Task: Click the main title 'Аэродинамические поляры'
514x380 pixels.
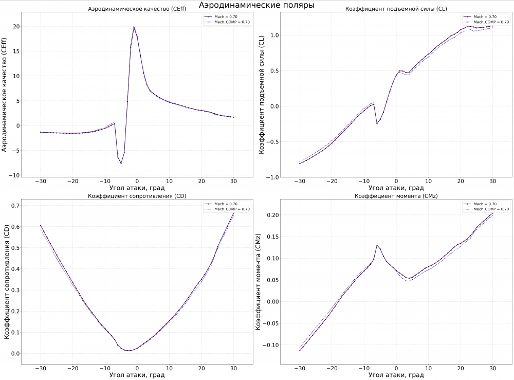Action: (x=256, y=5)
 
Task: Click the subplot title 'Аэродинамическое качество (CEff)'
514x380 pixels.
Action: (x=137, y=9)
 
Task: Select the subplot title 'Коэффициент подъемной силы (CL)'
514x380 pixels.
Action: (x=395, y=9)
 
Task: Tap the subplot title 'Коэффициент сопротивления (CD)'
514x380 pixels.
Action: (x=137, y=196)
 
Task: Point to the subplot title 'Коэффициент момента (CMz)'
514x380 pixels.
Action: (x=395, y=196)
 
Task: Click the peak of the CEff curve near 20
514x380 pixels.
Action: (x=134, y=27)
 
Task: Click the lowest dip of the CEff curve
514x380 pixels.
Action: (x=121, y=164)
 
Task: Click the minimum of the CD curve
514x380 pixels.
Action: (x=131, y=351)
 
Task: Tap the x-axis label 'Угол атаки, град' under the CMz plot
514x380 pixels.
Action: (x=395, y=375)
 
